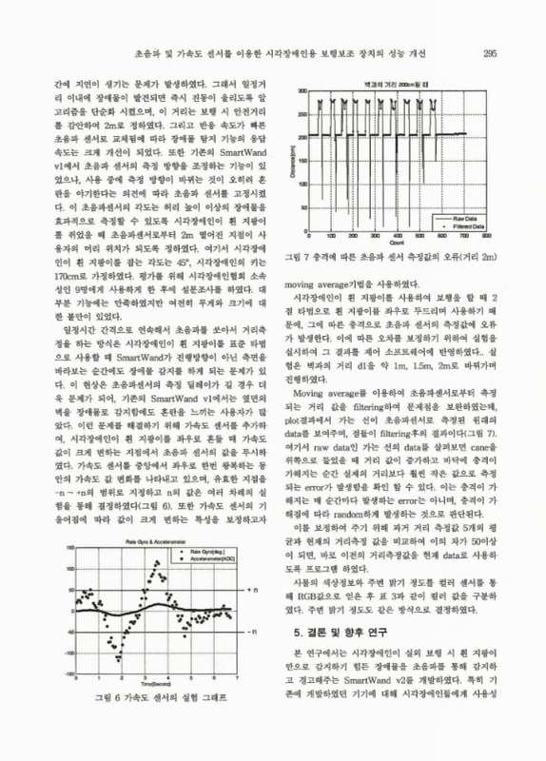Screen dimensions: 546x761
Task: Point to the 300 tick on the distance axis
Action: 302,91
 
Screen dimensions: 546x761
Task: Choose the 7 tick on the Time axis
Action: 235,677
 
